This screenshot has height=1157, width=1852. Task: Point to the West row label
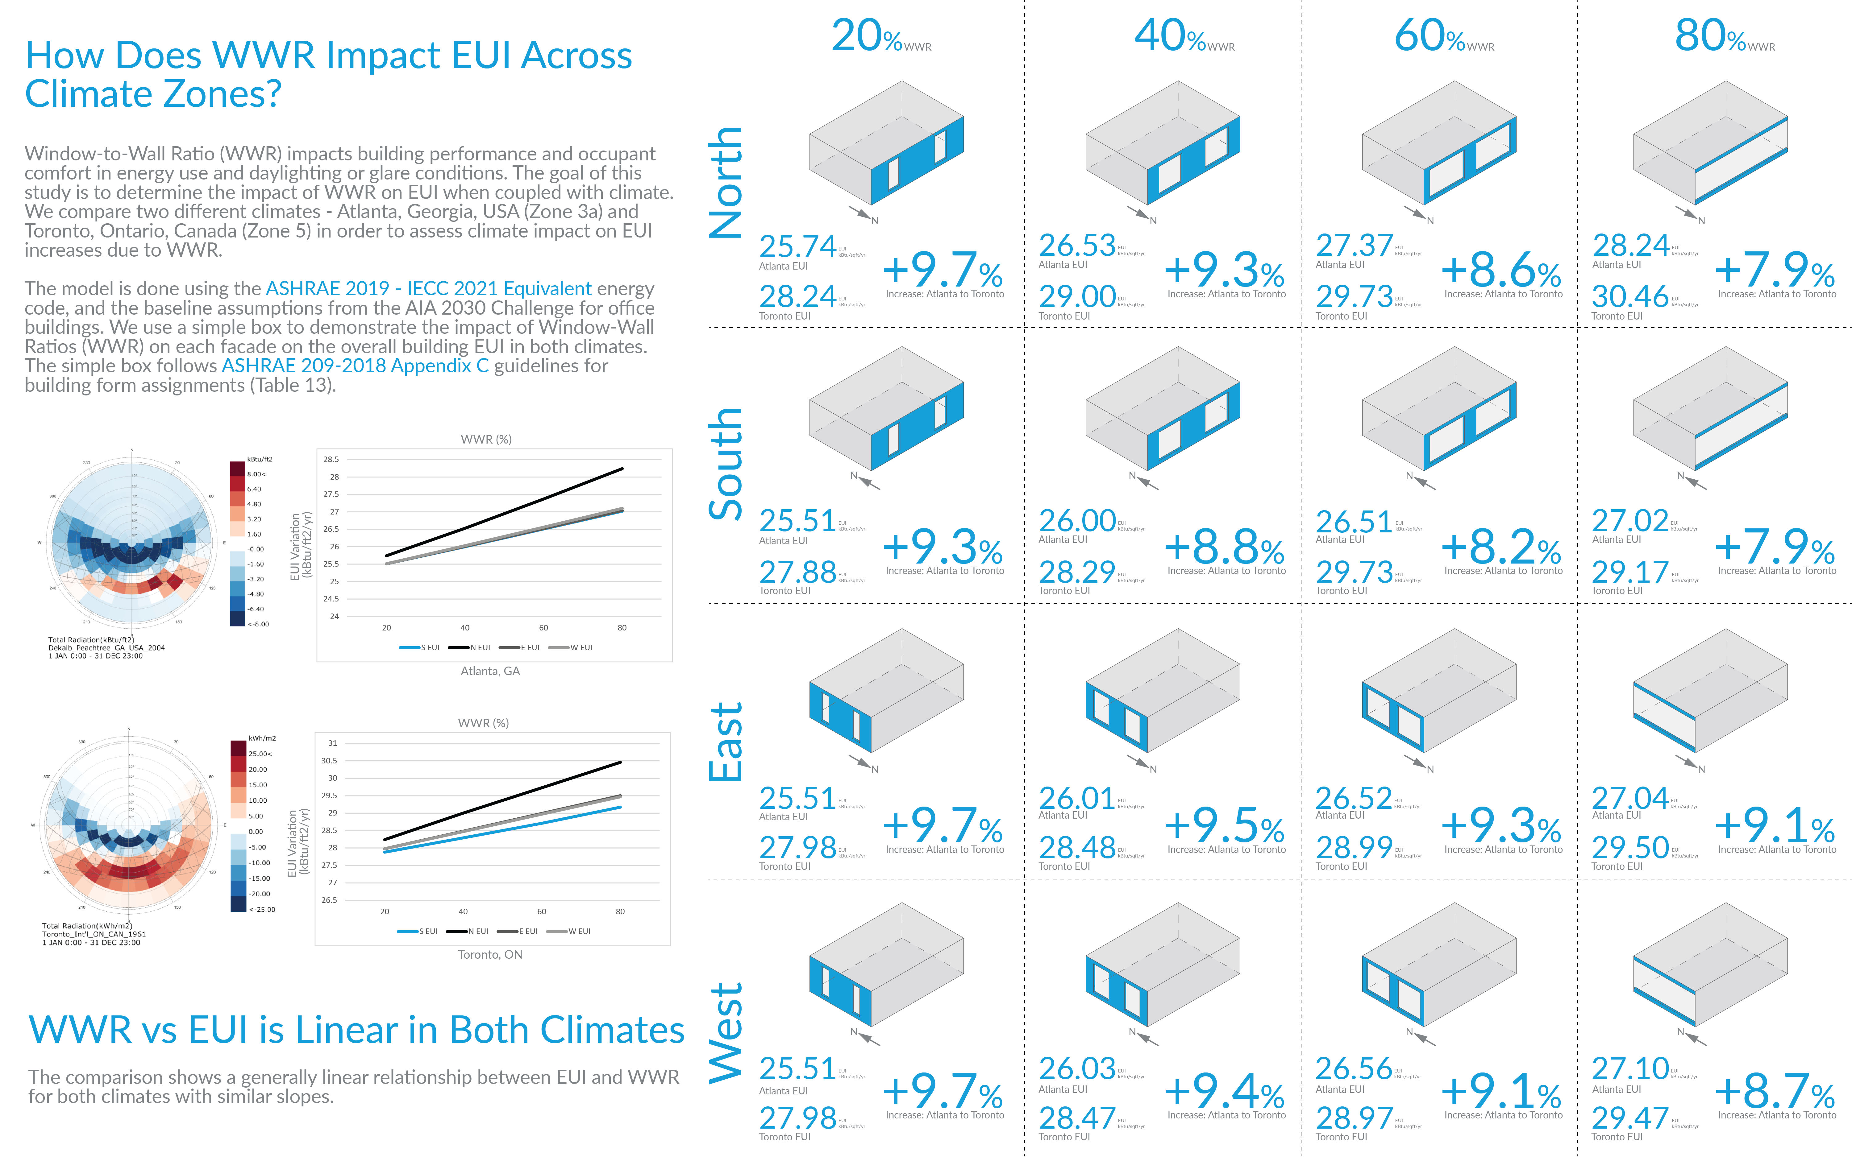pyautogui.click(x=726, y=1033)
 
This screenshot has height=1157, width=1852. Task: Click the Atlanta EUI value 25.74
pyautogui.click(x=797, y=246)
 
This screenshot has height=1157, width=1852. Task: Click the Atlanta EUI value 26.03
pyautogui.click(x=1076, y=1068)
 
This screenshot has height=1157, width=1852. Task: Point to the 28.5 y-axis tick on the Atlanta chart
pyautogui.click(x=331, y=459)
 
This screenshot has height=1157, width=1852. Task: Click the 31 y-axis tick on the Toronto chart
pyautogui.click(x=332, y=743)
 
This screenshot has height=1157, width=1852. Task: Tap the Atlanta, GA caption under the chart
pyautogui.click(x=490, y=671)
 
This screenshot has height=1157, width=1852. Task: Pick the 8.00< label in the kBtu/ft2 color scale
pyautogui.click(x=256, y=474)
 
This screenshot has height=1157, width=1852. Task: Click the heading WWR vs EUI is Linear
pyautogui.click(x=356, y=1030)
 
